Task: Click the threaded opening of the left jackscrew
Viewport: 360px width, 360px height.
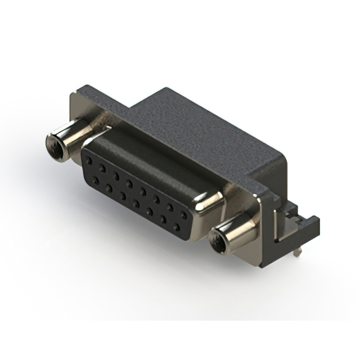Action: pyautogui.click(x=55, y=146)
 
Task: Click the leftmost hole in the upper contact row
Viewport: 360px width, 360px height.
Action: pyautogui.click(x=89, y=160)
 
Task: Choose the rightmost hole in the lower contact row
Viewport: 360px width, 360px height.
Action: pyautogui.click(x=177, y=227)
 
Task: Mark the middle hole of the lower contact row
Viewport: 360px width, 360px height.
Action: pyautogui.click(x=136, y=204)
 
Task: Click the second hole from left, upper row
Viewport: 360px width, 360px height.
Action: pyautogui.click(x=102, y=168)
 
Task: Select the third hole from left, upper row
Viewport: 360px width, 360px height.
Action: pyautogui.click(x=116, y=175)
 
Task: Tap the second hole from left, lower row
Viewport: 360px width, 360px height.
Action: pyautogui.click(x=109, y=188)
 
